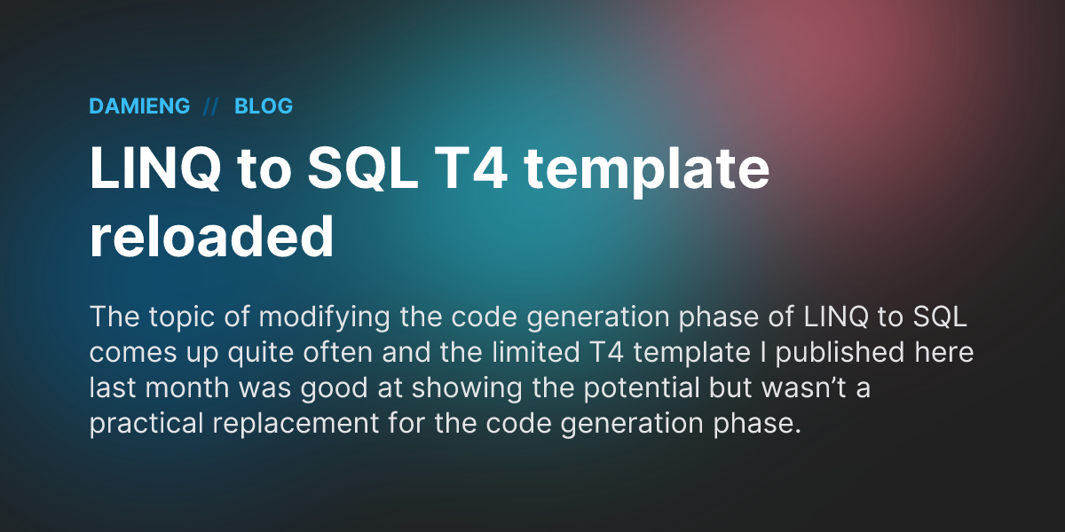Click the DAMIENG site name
139,106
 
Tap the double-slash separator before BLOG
211,106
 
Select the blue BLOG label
264,106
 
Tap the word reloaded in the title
211,238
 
